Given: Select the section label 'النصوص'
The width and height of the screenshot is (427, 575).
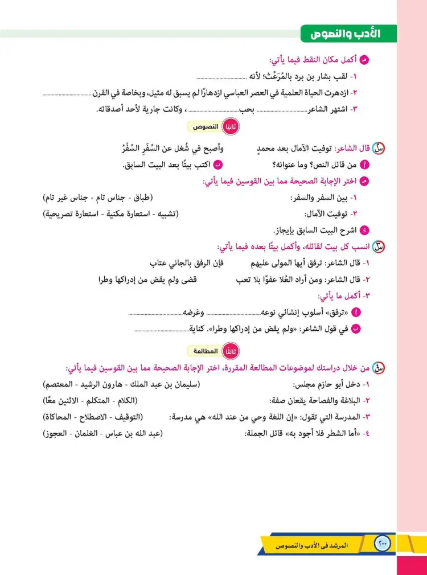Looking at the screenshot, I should click(x=202, y=128).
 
